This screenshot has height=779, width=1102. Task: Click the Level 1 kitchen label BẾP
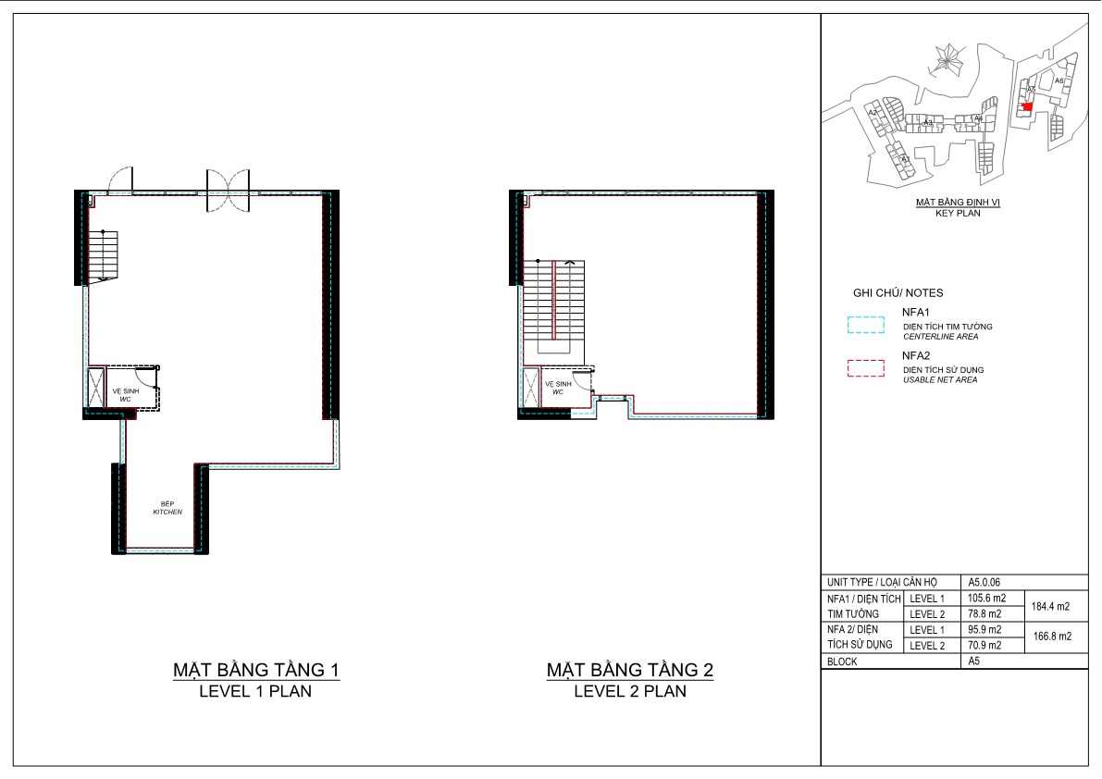[167, 503]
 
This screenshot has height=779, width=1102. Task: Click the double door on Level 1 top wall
[228, 183]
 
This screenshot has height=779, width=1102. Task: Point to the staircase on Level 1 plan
[105, 255]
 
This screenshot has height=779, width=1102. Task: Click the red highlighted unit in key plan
[1027, 107]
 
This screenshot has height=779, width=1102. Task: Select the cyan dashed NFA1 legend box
[865, 326]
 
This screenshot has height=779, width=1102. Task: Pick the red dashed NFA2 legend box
[865, 369]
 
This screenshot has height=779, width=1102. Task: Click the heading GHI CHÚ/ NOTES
[898, 293]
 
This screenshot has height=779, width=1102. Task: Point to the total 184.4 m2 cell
[1051, 607]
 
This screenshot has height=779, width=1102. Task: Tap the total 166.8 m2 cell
[1051, 637]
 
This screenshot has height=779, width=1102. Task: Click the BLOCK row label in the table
[843, 662]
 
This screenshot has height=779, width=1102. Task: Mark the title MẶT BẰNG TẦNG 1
[255, 669]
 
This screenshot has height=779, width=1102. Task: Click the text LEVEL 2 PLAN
[630, 691]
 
